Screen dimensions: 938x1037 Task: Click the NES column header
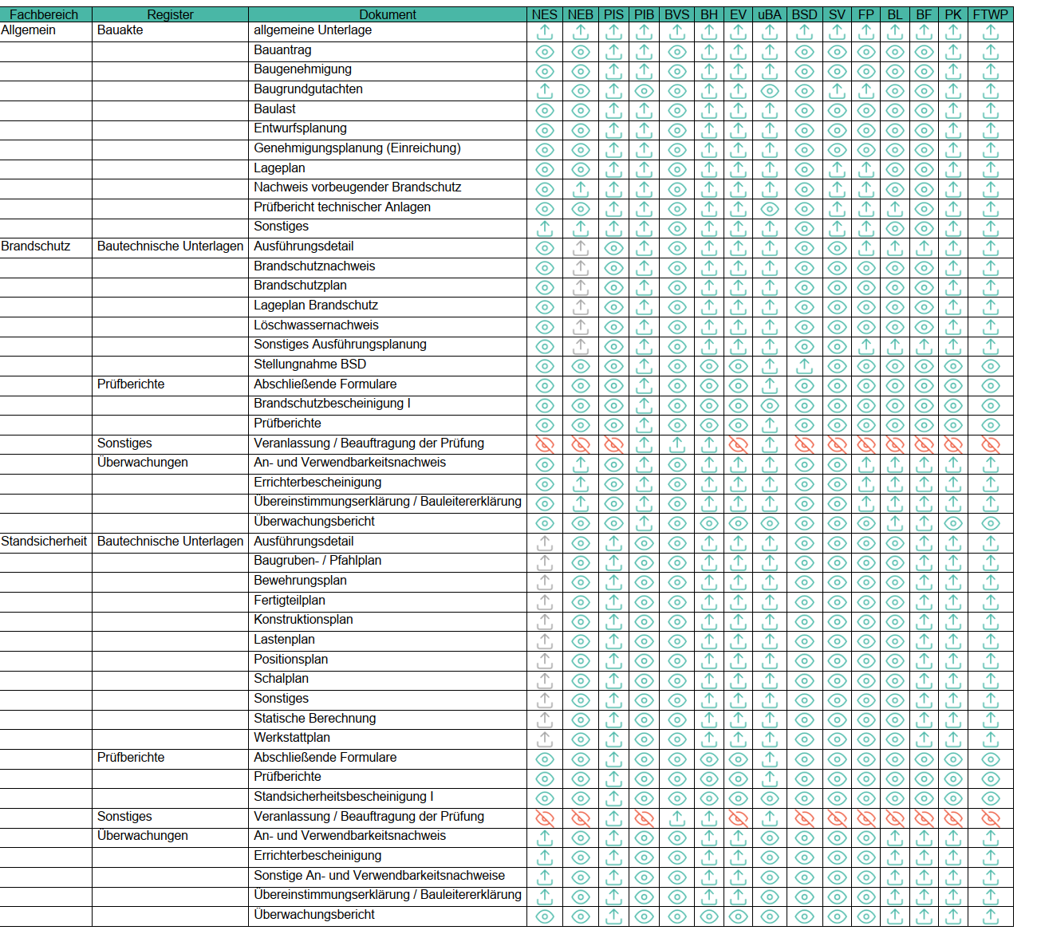(545, 14)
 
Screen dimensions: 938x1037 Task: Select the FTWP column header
(991, 14)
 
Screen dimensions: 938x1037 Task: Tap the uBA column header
(769, 14)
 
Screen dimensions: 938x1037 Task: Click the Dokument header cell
(388, 14)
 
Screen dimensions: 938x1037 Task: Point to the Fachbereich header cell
(44, 14)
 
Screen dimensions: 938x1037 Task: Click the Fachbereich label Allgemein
(29, 30)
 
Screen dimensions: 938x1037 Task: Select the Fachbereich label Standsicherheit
(44, 541)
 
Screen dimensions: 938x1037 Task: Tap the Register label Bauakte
(120, 30)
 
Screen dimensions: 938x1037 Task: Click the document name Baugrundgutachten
(308, 89)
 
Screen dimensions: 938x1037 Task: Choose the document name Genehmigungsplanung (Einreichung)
(357, 148)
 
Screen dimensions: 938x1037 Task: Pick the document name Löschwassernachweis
(316, 325)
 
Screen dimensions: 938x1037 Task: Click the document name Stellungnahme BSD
(310, 365)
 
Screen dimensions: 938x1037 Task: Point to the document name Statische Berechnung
(314, 718)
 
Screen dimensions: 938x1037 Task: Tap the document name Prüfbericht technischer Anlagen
(342, 207)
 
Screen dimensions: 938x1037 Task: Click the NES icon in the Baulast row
(545, 111)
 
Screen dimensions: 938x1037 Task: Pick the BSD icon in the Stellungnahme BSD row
(804, 366)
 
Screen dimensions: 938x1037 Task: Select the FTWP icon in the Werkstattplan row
(991, 739)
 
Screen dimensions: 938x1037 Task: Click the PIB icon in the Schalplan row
(644, 680)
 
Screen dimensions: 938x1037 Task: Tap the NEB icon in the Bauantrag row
(581, 52)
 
